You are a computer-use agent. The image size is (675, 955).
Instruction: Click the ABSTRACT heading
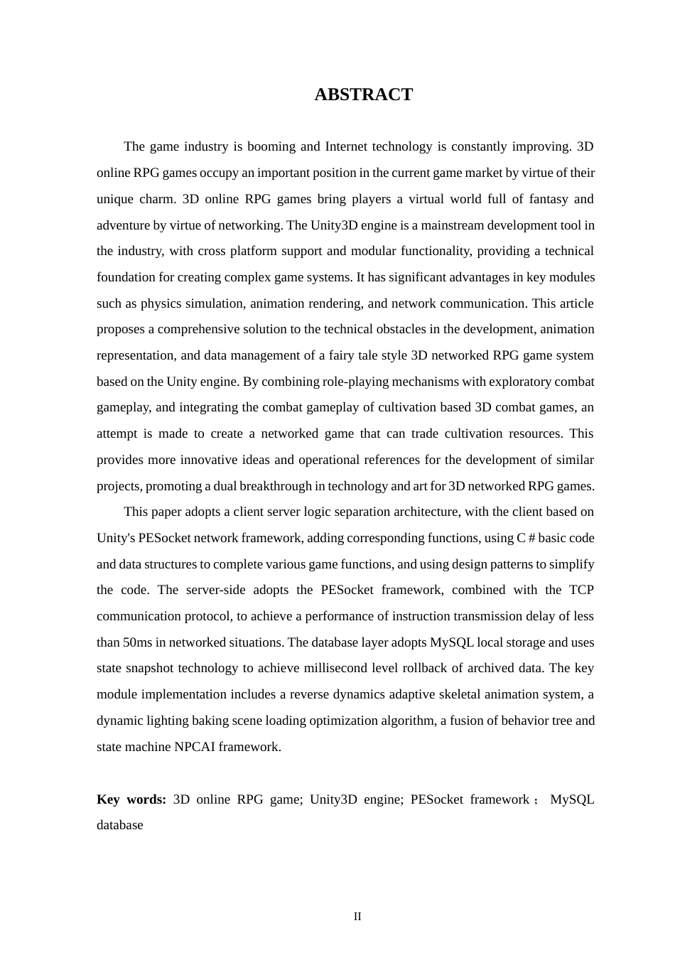[x=363, y=95]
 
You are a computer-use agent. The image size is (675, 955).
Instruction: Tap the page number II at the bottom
[x=357, y=917]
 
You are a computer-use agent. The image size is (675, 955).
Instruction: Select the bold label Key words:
[x=131, y=799]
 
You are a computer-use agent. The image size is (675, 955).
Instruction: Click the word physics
[x=161, y=303]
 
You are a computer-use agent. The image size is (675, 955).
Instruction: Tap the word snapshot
[x=159, y=668]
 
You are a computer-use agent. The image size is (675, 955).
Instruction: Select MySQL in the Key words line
[x=572, y=799]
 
